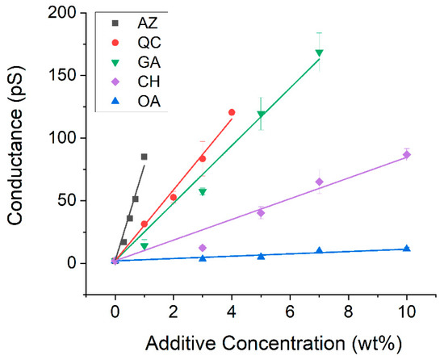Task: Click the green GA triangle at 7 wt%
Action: (x=319, y=53)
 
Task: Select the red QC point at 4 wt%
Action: (x=232, y=112)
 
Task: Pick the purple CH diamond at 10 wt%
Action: (x=406, y=154)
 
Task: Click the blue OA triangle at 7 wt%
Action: (x=319, y=250)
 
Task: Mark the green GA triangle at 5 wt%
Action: (x=261, y=115)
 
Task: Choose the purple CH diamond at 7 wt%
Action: (x=319, y=182)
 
